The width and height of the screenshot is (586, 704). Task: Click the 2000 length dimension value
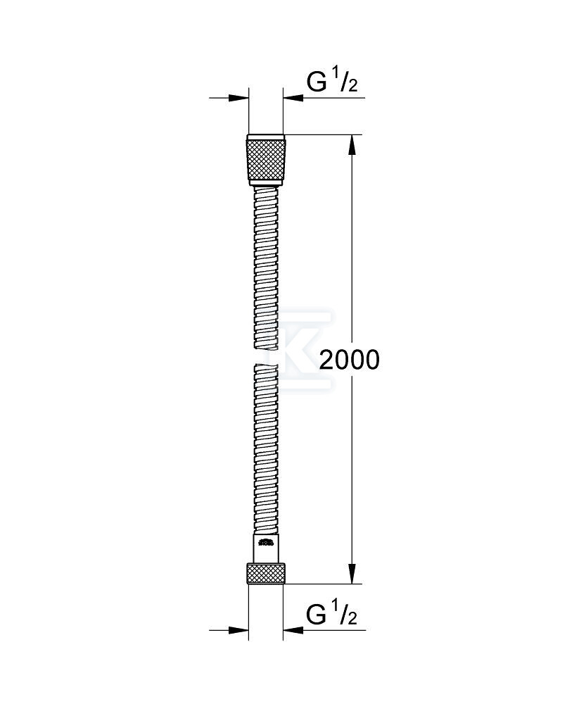(349, 360)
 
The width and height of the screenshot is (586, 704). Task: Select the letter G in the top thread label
(317, 82)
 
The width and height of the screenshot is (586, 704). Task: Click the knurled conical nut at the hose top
(266, 160)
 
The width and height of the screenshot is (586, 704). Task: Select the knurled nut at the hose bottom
(266, 573)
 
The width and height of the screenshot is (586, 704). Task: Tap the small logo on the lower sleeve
(265, 542)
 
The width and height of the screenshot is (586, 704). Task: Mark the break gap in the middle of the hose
(266, 357)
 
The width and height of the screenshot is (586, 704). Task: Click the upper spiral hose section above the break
(266, 268)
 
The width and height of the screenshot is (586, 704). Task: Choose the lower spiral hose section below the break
(266, 451)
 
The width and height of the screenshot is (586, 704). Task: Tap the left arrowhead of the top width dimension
(241, 99)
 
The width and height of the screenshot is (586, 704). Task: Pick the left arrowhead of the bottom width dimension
(241, 630)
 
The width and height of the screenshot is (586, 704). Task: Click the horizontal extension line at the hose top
(324, 134)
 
